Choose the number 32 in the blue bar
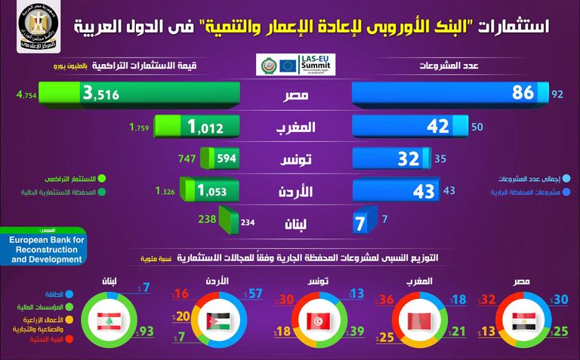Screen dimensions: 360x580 (409, 158)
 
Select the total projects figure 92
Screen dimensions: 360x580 (559, 94)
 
